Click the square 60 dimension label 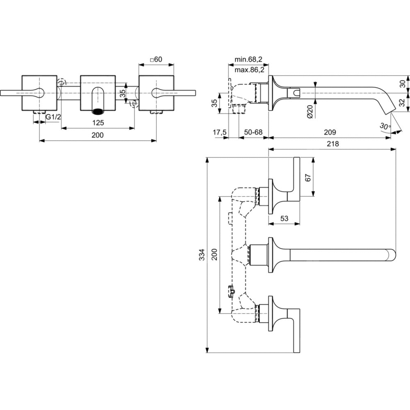[x=156, y=60]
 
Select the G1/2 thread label [x=53, y=117]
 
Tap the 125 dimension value [x=98, y=123]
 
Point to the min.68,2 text [x=248, y=60]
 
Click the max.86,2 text [x=249, y=70]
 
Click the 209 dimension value [x=330, y=132]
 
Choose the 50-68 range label [x=253, y=132]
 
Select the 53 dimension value [x=284, y=219]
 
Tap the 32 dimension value [x=402, y=102]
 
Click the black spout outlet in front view [x=97, y=111]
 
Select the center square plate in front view [x=97, y=93]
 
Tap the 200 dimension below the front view [x=98, y=135]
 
